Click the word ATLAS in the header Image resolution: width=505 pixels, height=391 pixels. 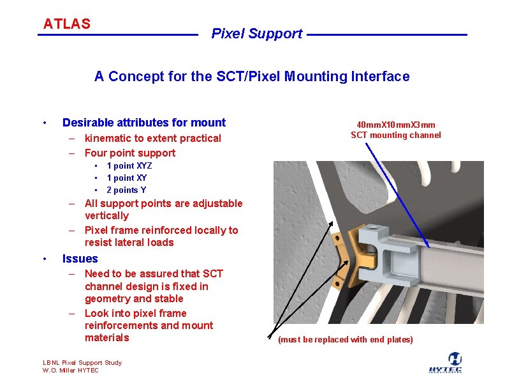pos(66,24)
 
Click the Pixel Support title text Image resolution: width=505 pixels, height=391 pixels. pos(256,34)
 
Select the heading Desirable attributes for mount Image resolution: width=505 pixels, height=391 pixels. pos(144,123)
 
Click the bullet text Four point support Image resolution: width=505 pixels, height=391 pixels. pos(130,153)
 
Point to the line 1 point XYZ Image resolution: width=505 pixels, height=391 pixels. pos(129,166)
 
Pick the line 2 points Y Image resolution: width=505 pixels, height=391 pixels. pos(126,190)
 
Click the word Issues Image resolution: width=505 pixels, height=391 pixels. pos(80,259)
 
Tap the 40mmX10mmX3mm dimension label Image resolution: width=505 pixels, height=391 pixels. pos(396,125)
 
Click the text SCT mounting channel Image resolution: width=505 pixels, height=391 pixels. pos(396,135)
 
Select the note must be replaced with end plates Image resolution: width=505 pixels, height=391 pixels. pos(346,339)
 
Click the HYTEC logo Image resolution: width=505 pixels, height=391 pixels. pos(455,362)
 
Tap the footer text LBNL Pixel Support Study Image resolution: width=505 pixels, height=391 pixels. pos(82,363)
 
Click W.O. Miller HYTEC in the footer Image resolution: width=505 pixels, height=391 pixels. pos(71,371)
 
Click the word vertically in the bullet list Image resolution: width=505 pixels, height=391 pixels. pos(106,216)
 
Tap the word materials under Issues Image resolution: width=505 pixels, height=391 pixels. pos(107,338)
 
